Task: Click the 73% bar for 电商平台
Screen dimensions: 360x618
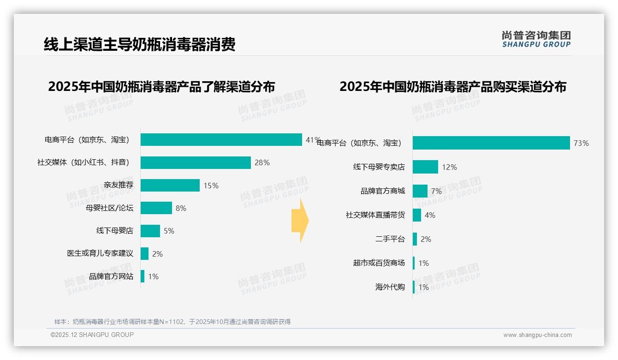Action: (x=491, y=143)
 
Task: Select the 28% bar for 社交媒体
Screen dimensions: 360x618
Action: (x=196, y=162)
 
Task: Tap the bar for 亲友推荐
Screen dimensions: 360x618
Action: (x=170, y=185)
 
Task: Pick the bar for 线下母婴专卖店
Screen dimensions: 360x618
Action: (x=425, y=167)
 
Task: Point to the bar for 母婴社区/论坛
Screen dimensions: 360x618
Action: (x=156, y=208)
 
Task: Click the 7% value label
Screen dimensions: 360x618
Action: (x=436, y=191)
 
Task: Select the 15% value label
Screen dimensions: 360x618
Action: (x=211, y=186)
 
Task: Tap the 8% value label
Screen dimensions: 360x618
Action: (x=181, y=208)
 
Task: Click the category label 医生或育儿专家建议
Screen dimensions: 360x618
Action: (x=100, y=253)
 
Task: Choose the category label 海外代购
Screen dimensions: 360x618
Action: (x=390, y=287)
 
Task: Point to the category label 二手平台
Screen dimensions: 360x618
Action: (x=390, y=239)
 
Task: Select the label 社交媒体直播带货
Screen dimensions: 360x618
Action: (x=375, y=215)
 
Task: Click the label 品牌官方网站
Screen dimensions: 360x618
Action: (x=111, y=276)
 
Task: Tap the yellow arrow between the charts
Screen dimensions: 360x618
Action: (x=300, y=221)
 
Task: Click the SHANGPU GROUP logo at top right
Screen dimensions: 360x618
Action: (x=536, y=39)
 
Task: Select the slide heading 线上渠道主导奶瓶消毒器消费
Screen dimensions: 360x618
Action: (x=140, y=44)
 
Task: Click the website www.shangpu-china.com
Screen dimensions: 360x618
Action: (x=537, y=335)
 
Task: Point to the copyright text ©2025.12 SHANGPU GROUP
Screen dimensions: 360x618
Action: (x=92, y=335)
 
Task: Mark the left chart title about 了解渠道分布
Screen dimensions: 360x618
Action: (x=161, y=86)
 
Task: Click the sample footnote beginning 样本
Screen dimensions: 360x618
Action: (x=172, y=322)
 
